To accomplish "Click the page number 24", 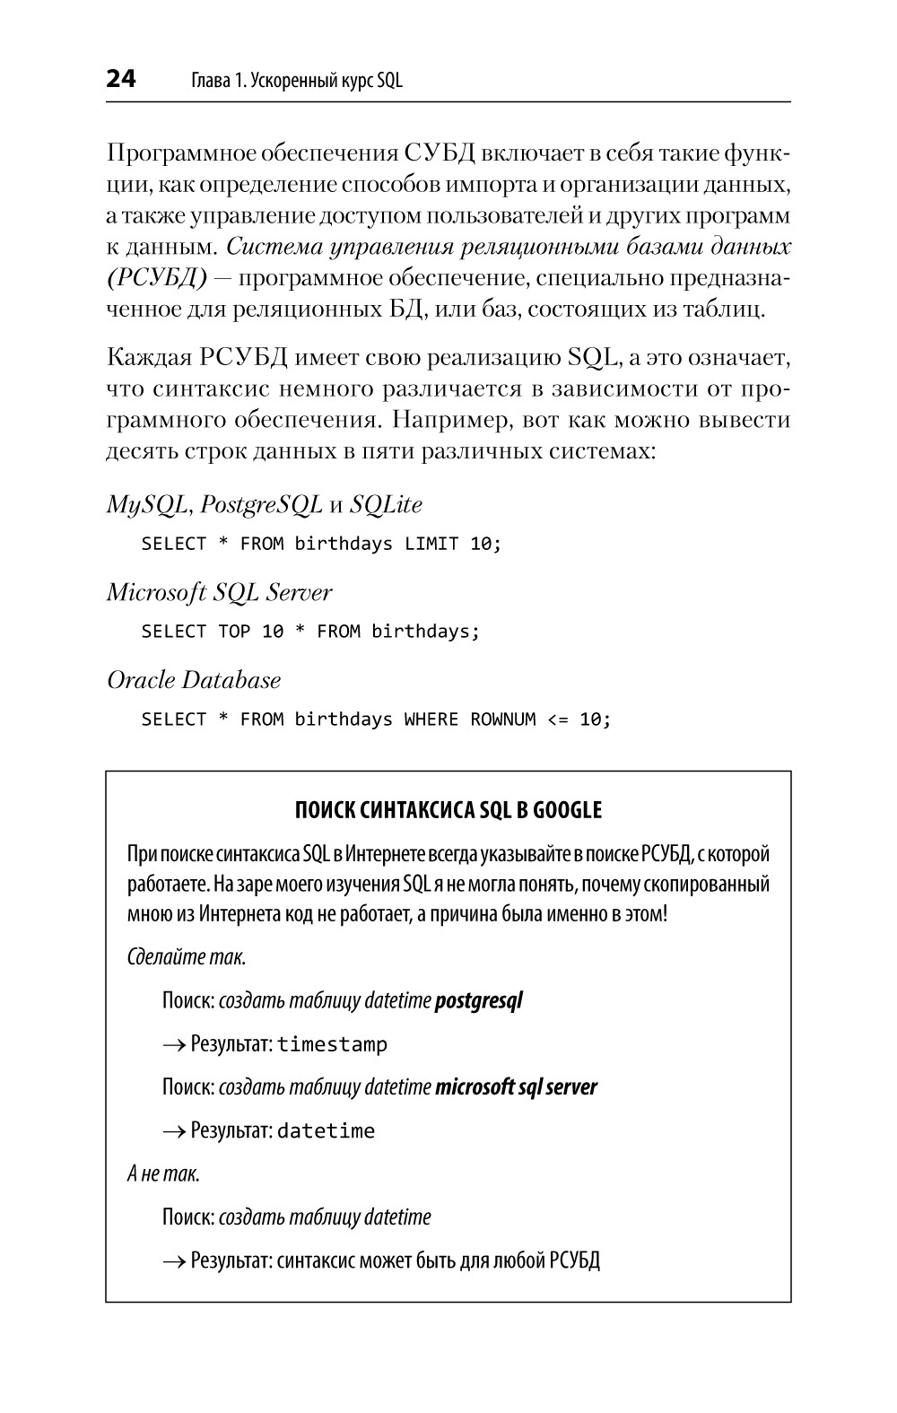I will pyautogui.click(x=121, y=80).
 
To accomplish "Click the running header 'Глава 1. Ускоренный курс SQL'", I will pyautogui.click(x=297, y=81).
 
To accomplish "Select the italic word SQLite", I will pyautogui.click(x=386, y=505).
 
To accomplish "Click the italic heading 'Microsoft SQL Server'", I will pyautogui.click(x=219, y=593).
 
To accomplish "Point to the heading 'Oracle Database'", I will pyautogui.click(x=194, y=681).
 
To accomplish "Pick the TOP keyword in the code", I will pyautogui.click(x=234, y=632).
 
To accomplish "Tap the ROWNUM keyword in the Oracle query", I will pyautogui.click(x=502, y=720).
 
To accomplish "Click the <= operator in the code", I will pyautogui.click(x=557, y=720).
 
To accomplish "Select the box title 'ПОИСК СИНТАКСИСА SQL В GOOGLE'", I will pyautogui.click(x=448, y=811).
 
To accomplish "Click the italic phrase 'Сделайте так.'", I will pyautogui.click(x=187, y=957).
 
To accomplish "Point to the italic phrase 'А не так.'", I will pyautogui.click(x=163, y=1173).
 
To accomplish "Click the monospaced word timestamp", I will pyautogui.click(x=332, y=1044).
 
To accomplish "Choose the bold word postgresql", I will pyautogui.click(x=478, y=1000).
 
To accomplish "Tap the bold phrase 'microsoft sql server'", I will pyautogui.click(x=516, y=1087).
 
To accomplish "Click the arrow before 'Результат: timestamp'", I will pyautogui.click(x=173, y=1045).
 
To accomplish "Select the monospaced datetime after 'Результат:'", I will pyautogui.click(x=326, y=1131).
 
